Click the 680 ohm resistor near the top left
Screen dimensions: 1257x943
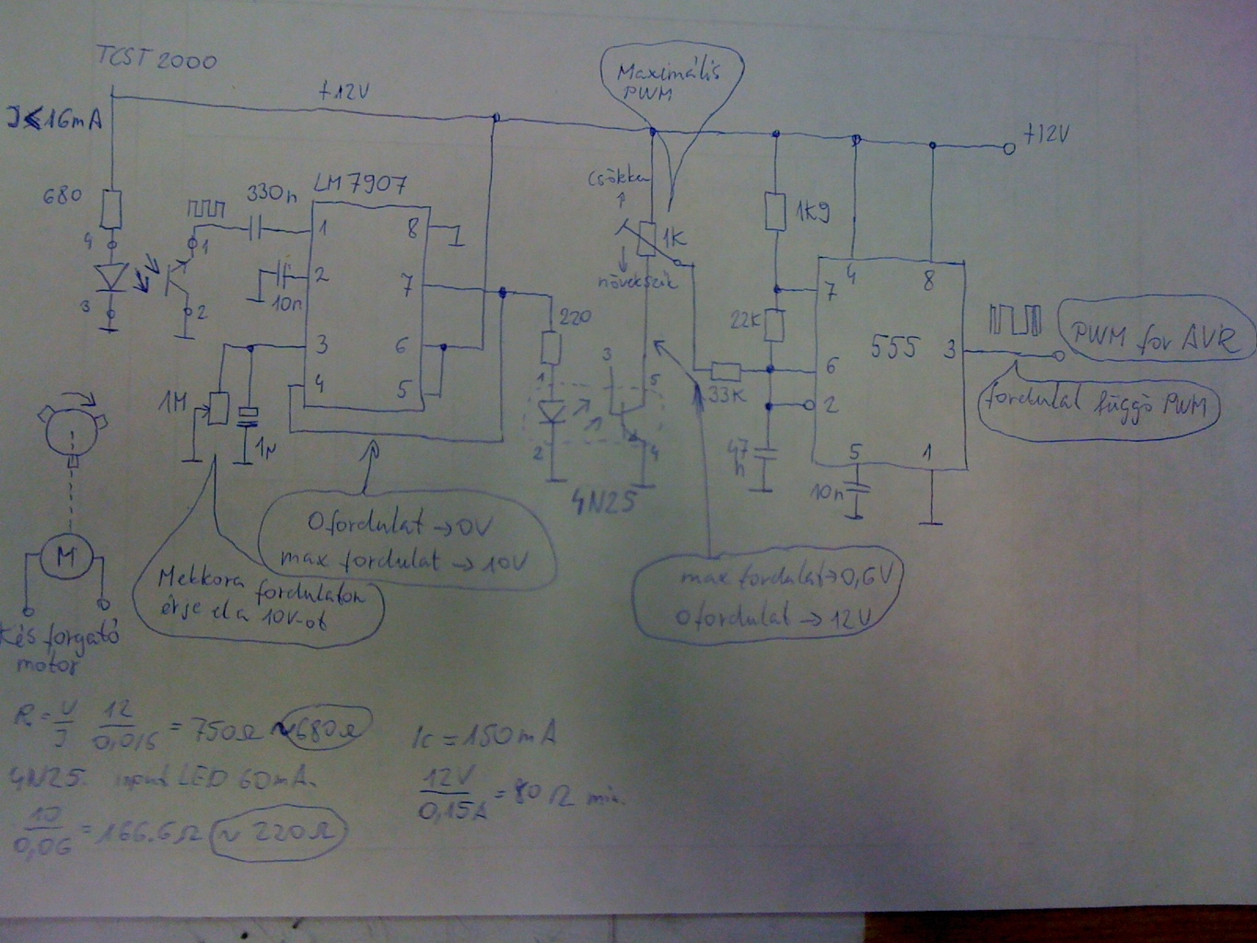pos(111,209)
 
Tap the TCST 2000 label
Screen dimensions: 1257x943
pos(157,60)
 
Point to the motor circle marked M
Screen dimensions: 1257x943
pos(66,555)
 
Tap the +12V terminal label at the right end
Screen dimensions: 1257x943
pos(1046,135)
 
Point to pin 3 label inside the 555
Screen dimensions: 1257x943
pos(949,350)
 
